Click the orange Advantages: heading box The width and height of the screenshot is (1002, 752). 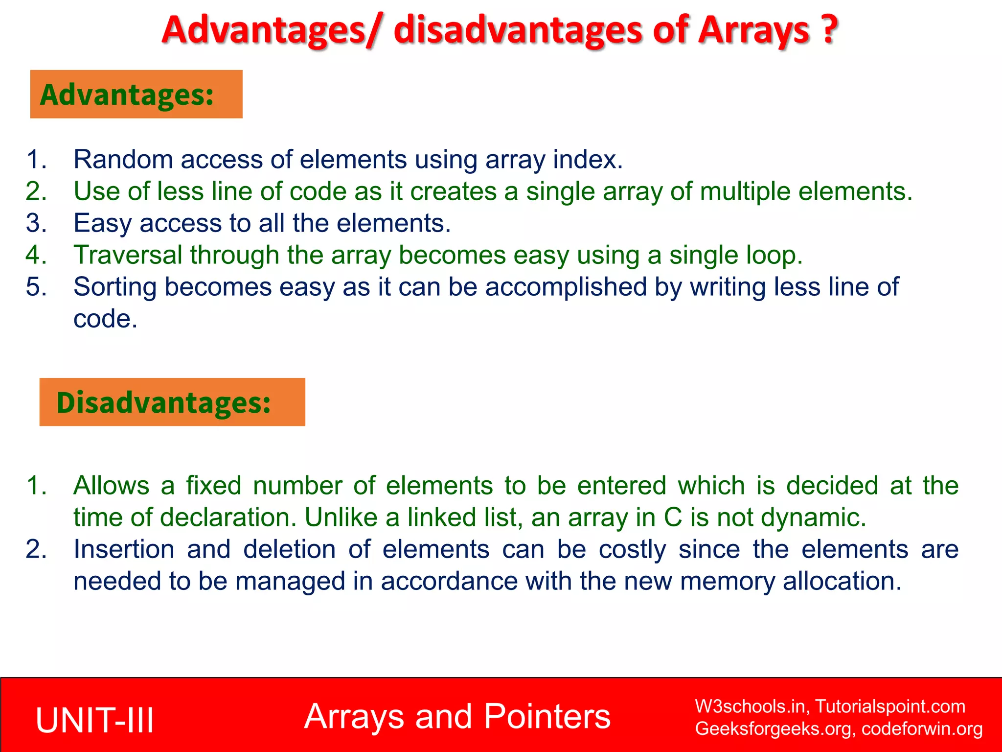tap(136, 94)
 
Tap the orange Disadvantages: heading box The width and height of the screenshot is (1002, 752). tap(172, 402)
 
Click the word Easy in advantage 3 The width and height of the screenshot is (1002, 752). tap(102, 223)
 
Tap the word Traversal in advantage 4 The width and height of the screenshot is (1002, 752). tap(128, 255)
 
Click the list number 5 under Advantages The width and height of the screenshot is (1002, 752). tap(36, 287)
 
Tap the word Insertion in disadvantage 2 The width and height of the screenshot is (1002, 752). tap(124, 549)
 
